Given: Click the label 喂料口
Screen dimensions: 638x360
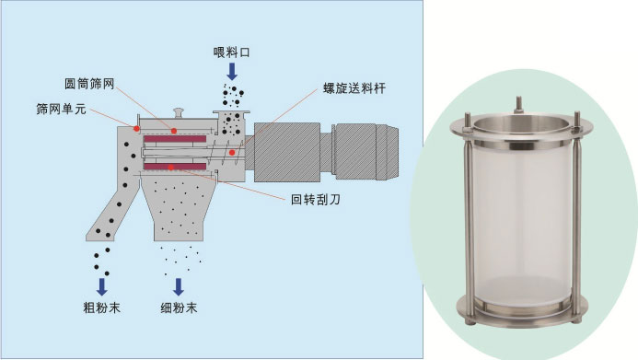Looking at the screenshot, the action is (231, 52).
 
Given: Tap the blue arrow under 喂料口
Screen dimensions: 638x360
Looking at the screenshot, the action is (232, 72).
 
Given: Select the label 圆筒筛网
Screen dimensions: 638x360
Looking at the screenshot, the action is (89, 84).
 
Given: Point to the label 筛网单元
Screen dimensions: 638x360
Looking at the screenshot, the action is (62, 109).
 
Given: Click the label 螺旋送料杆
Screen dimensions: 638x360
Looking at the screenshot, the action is (354, 88).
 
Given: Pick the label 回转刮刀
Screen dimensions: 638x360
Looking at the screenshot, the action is (316, 199).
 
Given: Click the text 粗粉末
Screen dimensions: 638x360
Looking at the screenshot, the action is (101, 308).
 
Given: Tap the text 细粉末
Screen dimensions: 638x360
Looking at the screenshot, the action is (179, 308).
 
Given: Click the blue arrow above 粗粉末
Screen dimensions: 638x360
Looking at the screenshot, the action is (102, 286).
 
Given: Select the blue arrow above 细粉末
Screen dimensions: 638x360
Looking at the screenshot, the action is (179, 286).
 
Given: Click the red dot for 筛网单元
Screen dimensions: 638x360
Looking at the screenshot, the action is (136, 129).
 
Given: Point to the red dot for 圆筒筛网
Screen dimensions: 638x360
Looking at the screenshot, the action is (174, 131).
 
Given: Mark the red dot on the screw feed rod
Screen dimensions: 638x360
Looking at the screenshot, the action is (232, 153).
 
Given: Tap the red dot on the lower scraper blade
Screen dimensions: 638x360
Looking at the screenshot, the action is (171, 168).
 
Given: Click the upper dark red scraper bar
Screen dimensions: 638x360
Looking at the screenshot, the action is (175, 139).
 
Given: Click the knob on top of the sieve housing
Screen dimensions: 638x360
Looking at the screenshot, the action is (179, 112).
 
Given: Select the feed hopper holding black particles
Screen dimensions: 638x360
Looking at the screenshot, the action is (231, 122).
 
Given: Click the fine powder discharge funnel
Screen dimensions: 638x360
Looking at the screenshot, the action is (179, 206).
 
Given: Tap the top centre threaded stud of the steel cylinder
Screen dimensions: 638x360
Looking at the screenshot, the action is (519, 105).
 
